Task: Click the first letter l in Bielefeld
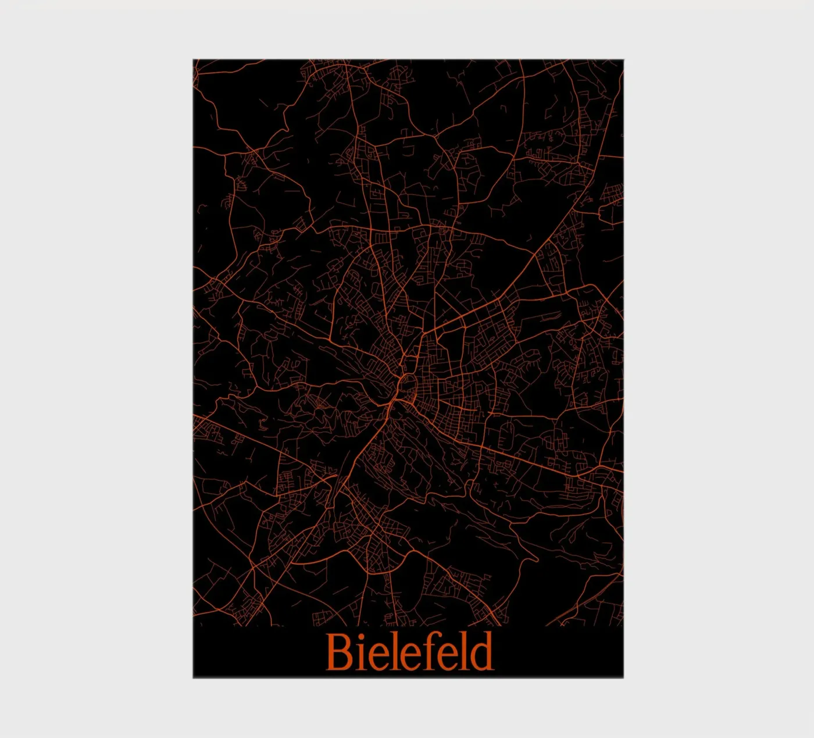point(388,650)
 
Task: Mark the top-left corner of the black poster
point(194,60)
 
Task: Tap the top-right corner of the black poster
point(623,60)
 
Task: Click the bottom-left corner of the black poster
point(194,677)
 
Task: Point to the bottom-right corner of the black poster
point(623,677)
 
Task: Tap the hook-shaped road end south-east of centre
point(533,558)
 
